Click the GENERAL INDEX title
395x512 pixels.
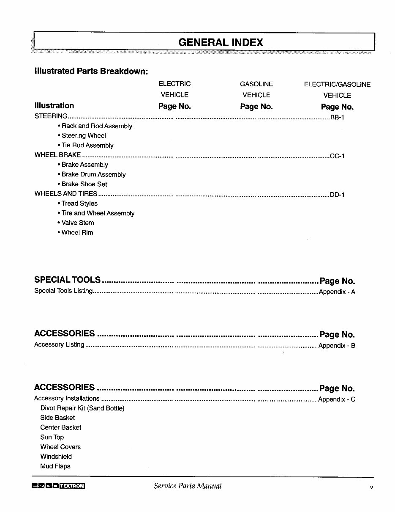(x=221, y=42)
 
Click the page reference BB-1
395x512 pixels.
(x=337, y=117)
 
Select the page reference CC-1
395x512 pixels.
(x=337, y=156)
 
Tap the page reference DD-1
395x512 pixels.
(x=337, y=195)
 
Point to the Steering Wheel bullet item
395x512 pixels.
(x=83, y=136)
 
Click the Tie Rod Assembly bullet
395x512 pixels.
(x=87, y=146)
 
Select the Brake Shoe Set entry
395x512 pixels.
(x=84, y=184)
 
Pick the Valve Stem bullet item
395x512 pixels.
(x=77, y=223)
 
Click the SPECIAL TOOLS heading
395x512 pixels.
(x=68, y=280)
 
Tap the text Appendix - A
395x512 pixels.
(x=337, y=292)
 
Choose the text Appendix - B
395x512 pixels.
(x=336, y=346)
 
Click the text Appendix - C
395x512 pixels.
(x=336, y=399)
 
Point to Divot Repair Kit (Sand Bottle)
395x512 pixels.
(x=82, y=408)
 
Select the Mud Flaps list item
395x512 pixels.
(x=55, y=466)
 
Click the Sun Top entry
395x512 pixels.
(x=52, y=437)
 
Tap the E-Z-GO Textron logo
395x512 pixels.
(x=58, y=486)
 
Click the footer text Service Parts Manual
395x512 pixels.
(x=188, y=486)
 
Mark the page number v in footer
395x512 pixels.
(x=371, y=487)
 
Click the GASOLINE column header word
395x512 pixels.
(x=256, y=84)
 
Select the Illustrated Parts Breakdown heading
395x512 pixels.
(x=91, y=71)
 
